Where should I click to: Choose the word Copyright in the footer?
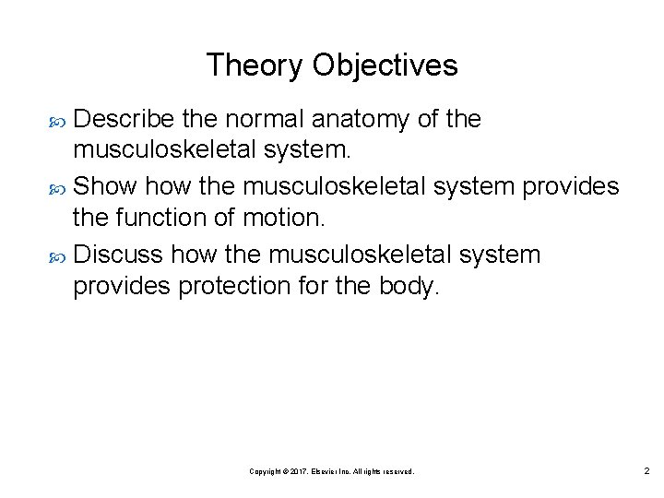pos(268,471)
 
